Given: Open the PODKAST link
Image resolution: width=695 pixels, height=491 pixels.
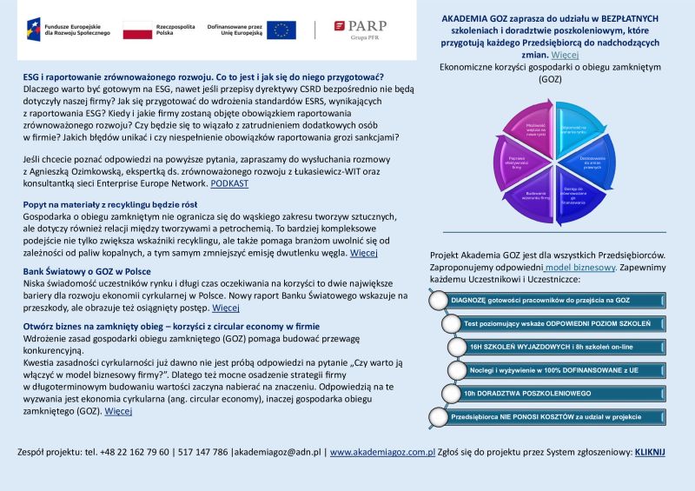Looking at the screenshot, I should click(x=229, y=183).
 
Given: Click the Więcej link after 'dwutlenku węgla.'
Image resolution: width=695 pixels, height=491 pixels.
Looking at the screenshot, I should click(x=363, y=253).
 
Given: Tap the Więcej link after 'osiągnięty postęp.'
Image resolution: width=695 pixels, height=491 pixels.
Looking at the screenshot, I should click(x=226, y=308).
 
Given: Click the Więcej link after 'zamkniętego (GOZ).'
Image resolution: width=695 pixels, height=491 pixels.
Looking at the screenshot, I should click(x=118, y=411).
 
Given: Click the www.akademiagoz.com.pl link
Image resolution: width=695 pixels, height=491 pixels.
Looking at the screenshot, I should click(x=382, y=453).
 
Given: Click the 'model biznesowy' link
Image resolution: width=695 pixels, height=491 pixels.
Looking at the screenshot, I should click(x=581, y=268).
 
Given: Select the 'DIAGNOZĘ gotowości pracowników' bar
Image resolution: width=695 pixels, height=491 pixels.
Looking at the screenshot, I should click(x=547, y=301).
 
